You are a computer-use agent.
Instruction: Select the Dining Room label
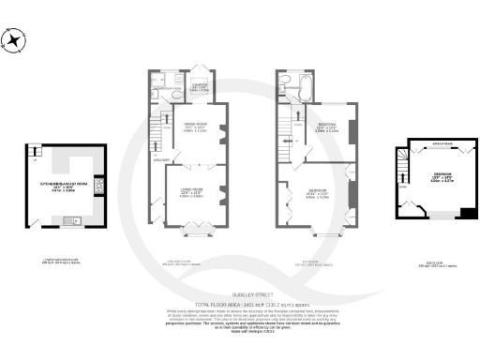pos(192,127)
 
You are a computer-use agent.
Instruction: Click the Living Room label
pos(191,193)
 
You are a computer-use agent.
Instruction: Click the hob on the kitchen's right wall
pos(98,185)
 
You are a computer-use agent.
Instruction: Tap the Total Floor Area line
pos(239,304)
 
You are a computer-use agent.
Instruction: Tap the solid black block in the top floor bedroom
pos(468,214)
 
